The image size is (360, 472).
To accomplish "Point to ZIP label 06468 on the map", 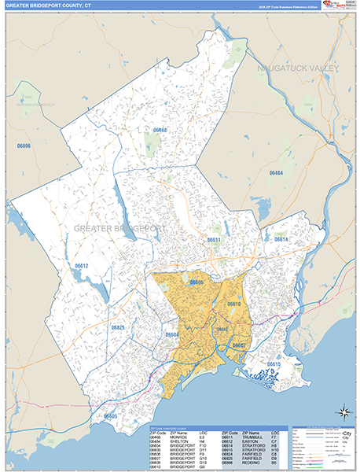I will point(160,129).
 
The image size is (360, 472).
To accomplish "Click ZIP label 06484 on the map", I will point(277,172).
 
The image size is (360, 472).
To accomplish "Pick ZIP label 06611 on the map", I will point(214,239).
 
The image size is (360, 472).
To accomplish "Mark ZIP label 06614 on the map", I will point(281,239).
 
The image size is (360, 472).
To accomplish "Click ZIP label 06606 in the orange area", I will point(196,282).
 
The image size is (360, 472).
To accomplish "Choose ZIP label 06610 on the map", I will point(233,303).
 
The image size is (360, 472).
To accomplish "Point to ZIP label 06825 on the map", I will point(118,326).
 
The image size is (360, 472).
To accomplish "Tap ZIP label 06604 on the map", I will point(172,334).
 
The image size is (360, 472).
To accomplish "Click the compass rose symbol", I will point(343,411).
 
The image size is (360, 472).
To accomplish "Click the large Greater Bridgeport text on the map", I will point(119,227).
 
